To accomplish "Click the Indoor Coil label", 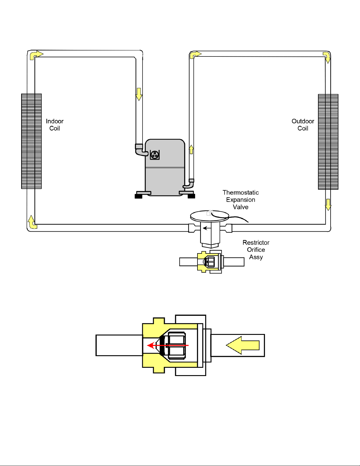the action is [55, 125].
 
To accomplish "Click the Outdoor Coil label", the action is [303, 125].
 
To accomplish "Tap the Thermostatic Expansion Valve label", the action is [241, 200].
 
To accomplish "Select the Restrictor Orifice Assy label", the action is [256, 250].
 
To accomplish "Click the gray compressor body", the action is [165, 167].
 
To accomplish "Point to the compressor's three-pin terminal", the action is [155, 155].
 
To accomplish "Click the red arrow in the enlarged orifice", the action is [168, 345].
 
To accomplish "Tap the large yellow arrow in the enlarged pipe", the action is [243, 345].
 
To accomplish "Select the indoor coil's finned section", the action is [31, 141].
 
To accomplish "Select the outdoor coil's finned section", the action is [328, 142].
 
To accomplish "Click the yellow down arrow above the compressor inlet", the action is [139, 94].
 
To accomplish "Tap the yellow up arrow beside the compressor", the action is [191, 149].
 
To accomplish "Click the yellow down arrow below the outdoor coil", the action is [328, 205].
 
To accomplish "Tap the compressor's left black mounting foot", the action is [138, 196].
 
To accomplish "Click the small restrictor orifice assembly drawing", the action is [212, 262].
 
